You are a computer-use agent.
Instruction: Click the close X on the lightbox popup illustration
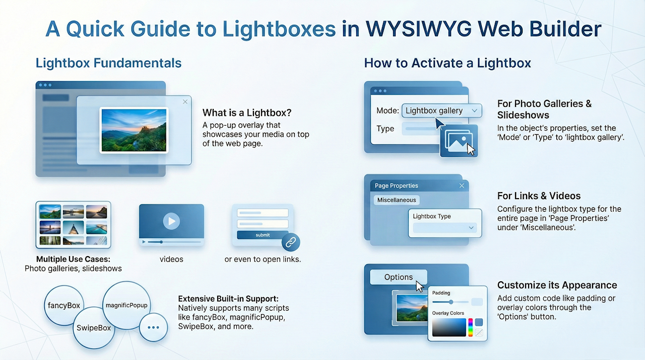coord(185,102)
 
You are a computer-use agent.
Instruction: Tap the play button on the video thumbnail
coord(171,221)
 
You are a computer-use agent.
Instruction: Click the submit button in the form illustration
coord(263,235)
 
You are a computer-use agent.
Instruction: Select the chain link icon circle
coord(291,242)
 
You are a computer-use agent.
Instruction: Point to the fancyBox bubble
coord(64,305)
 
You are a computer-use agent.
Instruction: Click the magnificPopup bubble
coord(126,305)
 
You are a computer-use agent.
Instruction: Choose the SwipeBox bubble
coord(94,328)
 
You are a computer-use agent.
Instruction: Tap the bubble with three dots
coord(153,327)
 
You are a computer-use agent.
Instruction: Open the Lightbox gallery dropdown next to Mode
coord(442,110)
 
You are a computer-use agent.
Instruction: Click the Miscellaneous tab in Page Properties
coord(397,200)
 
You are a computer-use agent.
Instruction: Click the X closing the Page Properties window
coord(462,186)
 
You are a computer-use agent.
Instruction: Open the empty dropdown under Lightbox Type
coord(445,228)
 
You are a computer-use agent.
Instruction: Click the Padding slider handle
coord(451,302)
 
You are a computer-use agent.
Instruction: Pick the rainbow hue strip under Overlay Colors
coord(470,327)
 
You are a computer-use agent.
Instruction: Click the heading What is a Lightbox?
coord(247,112)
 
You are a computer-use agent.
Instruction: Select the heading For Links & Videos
coord(539,196)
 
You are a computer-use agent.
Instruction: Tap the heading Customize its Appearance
coord(557,285)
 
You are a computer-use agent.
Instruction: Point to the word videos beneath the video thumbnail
coord(171,259)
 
